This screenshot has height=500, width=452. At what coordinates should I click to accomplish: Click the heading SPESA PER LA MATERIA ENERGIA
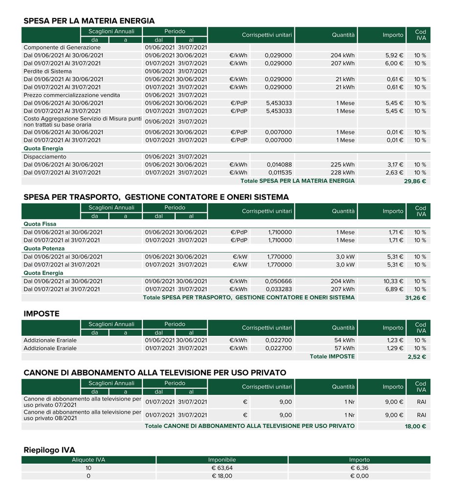[x=89, y=21]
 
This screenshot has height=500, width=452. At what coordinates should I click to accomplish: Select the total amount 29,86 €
[x=416, y=181]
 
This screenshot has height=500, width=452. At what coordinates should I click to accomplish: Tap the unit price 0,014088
[x=279, y=165]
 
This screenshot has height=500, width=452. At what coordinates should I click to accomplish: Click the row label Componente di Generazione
[x=62, y=48]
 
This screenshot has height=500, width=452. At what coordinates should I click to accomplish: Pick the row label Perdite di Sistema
[x=47, y=71]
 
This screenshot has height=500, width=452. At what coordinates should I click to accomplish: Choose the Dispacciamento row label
[x=45, y=157]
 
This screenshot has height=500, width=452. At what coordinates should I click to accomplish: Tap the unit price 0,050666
[x=278, y=281]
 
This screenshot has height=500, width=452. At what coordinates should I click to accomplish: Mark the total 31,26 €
[x=416, y=298]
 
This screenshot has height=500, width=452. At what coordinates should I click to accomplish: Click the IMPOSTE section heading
[x=42, y=314]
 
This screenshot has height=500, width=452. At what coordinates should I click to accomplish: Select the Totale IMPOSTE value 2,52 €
[x=417, y=357]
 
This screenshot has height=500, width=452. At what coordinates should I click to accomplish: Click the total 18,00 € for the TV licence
[x=416, y=426]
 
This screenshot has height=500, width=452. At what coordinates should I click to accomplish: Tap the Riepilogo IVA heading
[x=49, y=450]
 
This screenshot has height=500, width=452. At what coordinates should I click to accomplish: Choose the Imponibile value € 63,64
[x=222, y=468]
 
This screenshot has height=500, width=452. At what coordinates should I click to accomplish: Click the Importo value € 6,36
[x=360, y=468]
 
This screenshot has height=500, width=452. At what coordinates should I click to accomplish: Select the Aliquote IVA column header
[x=89, y=460]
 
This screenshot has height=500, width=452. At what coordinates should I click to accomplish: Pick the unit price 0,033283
[x=278, y=290]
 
